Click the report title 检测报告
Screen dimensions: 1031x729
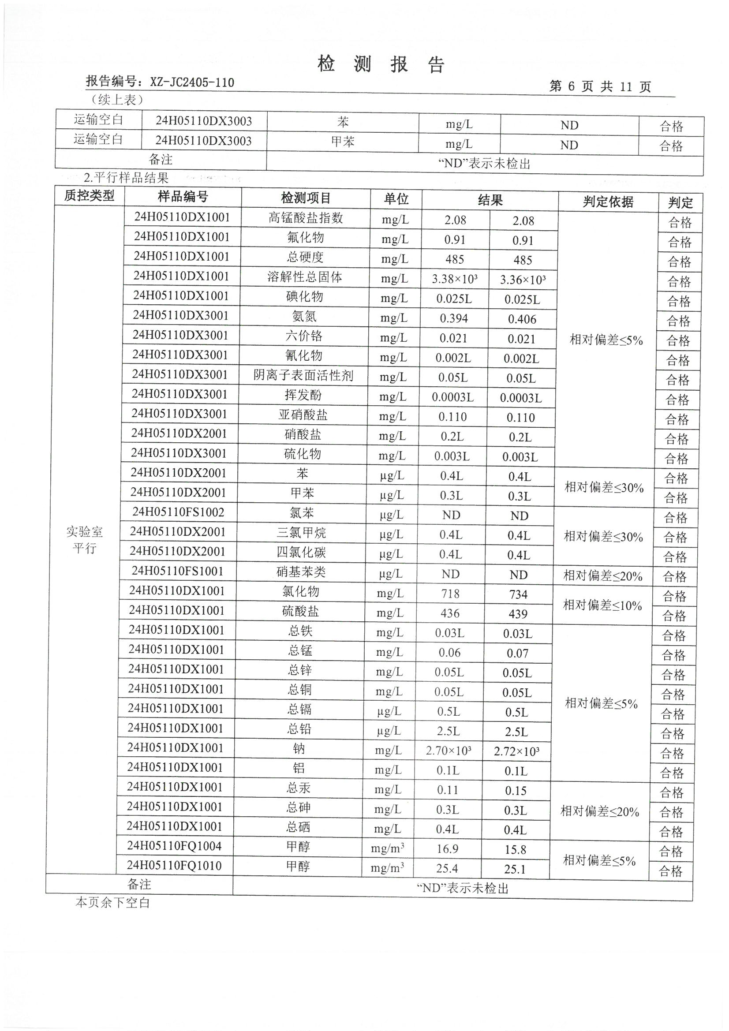(381, 64)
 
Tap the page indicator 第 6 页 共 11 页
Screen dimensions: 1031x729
(600, 86)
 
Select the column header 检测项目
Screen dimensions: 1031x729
(306, 198)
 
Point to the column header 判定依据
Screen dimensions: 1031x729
(608, 202)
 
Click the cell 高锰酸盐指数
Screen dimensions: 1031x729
(306, 218)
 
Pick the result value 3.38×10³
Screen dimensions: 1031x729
(455, 279)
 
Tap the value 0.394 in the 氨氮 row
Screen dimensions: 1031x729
(454, 318)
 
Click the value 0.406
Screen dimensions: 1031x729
(522, 319)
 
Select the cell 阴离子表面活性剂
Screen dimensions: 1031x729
(303, 375)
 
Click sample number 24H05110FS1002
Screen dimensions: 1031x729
(178, 512)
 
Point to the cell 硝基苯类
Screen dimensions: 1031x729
(301, 572)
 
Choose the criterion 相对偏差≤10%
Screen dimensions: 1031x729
(602, 605)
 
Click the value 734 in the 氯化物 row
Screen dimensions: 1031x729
(518, 594)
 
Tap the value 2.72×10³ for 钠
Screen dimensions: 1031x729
(516, 751)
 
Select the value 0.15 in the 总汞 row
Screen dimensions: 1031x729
(516, 791)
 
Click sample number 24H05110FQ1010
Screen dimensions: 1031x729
(174, 865)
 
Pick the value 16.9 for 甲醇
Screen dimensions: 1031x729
(447, 849)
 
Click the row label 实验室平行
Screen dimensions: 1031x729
(84, 540)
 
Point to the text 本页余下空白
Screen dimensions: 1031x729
(112, 903)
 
